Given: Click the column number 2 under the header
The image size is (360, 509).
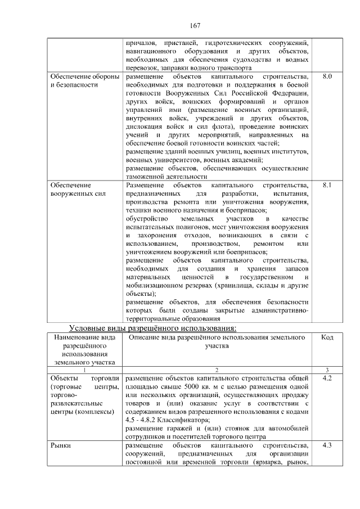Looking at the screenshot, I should [x=217, y=370].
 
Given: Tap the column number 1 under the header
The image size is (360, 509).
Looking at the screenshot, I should [x=84, y=370].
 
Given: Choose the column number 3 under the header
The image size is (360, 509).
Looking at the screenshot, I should [x=327, y=370].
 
